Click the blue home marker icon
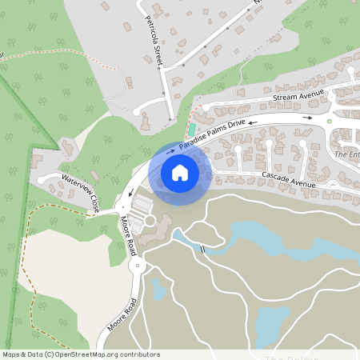pyautogui.click(x=180, y=172)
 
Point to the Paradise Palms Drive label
pyautogui.click(x=212, y=134)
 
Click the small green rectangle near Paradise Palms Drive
pyautogui.click(x=192, y=129)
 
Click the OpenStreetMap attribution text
pyautogui.click(x=81, y=354)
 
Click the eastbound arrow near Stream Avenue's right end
pyautogui.click(x=309, y=117)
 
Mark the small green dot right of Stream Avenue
pyautogui.click(x=329, y=122)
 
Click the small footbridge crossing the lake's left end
pyautogui.click(x=203, y=249)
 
